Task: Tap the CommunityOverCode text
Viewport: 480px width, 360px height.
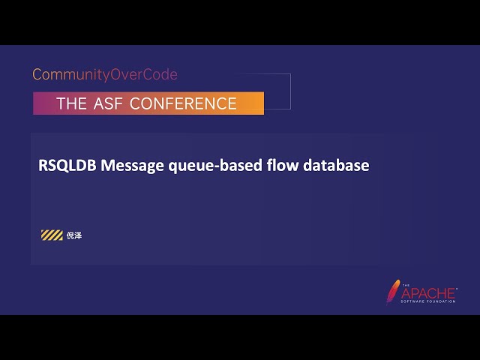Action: pyautogui.click(x=105, y=75)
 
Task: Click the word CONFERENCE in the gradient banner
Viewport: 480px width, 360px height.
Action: pyautogui.click(x=183, y=103)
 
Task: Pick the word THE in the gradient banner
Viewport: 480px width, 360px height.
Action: pyautogui.click(x=72, y=103)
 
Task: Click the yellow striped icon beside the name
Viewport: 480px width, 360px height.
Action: pyautogui.click(x=52, y=235)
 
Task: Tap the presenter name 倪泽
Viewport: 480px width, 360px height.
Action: pyautogui.click(x=73, y=235)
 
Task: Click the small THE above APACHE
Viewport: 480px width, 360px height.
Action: pyautogui.click(x=406, y=285)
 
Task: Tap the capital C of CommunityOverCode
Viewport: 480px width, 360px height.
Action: pyautogui.click(x=37, y=75)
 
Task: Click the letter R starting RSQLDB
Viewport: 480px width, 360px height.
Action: pyautogui.click(x=43, y=166)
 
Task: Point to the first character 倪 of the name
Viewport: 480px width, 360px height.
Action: pyautogui.click(x=70, y=235)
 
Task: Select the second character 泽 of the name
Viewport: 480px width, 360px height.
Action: pyautogui.click(x=78, y=235)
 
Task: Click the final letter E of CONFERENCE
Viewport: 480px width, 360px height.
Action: pyautogui.click(x=232, y=103)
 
